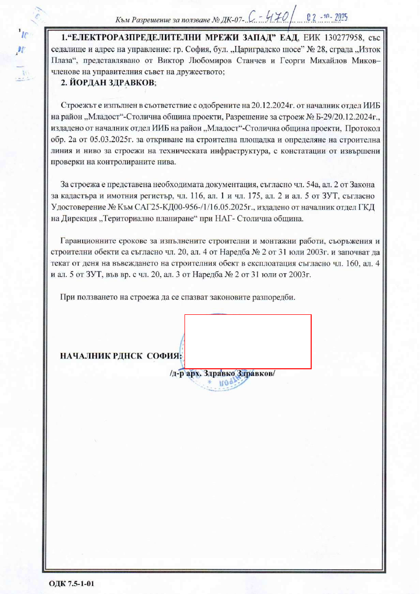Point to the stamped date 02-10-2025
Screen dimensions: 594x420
pos(327,18)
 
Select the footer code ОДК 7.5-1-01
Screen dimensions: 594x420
pos(72,584)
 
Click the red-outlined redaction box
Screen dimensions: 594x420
pos(248,342)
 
